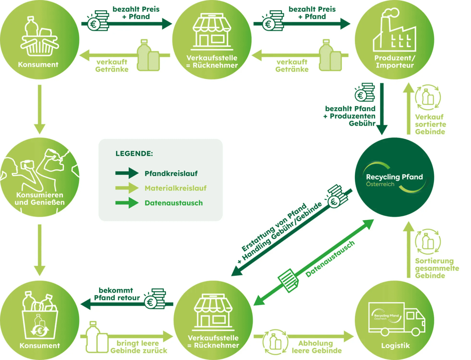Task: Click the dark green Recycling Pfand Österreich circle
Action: [394, 177]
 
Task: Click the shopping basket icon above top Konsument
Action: [39, 37]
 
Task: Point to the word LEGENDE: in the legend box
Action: [134, 154]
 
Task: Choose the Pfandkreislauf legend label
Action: [171, 173]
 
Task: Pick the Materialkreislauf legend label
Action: [175, 188]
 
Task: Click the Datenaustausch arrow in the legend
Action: [127, 203]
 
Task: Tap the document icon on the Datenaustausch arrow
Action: [288, 280]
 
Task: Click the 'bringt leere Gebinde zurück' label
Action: [138, 347]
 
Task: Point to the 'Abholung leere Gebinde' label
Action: [316, 347]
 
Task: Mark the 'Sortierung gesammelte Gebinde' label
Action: [436, 268]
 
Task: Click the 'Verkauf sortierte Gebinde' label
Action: [430, 124]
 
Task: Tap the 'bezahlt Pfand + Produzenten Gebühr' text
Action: [350, 116]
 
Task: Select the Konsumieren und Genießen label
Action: [39, 199]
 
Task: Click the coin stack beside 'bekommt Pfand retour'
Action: [155, 299]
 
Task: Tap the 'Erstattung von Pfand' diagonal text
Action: [274, 227]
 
